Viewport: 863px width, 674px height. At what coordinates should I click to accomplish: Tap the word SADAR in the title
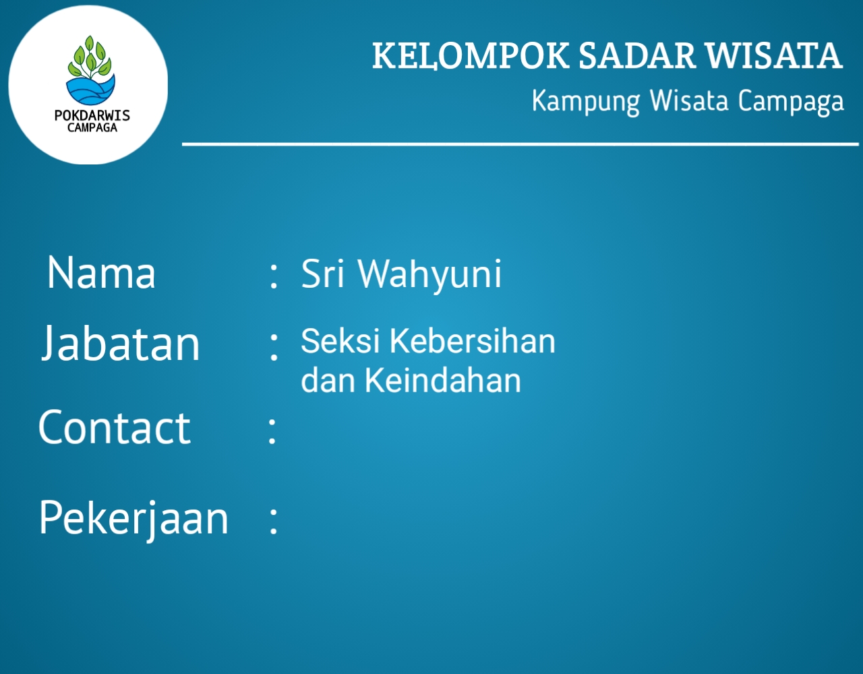pyautogui.click(x=636, y=55)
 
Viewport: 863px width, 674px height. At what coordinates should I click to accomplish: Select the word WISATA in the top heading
pyautogui.click(x=773, y=55)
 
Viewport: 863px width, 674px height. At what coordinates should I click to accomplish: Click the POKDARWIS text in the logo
pyautogui.click(x=92, y=115)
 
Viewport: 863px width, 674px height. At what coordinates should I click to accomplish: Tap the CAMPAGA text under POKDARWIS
pyautogui.click(x=92, y=128)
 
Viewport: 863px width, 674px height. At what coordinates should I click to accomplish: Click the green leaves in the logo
pyautogui.click(x=90, y=57)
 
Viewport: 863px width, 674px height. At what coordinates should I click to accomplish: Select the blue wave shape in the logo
pyautogui.click(x=90, y=90)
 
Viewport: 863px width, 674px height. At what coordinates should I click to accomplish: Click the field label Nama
pyautogui.click(x=101, y=273)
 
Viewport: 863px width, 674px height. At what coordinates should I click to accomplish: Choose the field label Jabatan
pyautogui.click(x=121, y=343)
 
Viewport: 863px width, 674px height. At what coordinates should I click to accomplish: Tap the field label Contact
pyautogui.click(x=115, y=427)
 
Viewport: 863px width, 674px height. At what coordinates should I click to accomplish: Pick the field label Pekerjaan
pyautogui.click(x=133, y=519)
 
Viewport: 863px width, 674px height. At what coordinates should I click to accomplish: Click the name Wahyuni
pyautogui.click(x=429, y=275)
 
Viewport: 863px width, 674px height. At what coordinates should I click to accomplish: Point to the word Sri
pyautogui.click(x=322, y=274)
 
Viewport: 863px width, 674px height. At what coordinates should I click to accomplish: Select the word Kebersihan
pyautogui.click(x=472, y=341)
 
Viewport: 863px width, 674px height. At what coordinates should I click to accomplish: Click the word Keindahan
pyautogui.click(x=443, y=380)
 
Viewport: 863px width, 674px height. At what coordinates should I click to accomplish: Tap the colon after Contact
pyautogui.click(x=272, y=430)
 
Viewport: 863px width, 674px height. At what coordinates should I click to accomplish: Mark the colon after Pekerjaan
pyautogui.click(x=273, y=521)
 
